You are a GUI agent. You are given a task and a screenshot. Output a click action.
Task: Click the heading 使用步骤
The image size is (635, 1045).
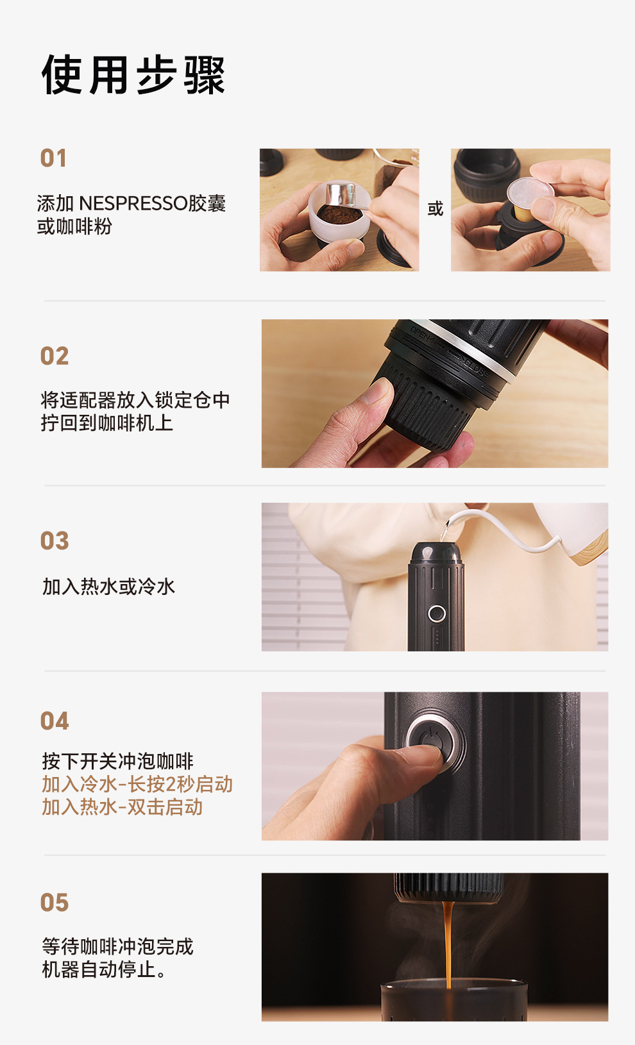[133, 76]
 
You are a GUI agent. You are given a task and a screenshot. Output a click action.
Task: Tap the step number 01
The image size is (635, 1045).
[54, 158]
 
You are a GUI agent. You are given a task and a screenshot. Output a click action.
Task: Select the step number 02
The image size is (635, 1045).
[55, 356]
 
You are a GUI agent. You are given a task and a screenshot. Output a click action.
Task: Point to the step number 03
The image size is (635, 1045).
[55, 541]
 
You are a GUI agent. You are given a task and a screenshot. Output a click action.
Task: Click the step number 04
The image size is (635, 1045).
[55, 721]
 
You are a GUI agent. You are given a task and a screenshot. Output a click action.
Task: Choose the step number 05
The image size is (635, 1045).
[55, 903]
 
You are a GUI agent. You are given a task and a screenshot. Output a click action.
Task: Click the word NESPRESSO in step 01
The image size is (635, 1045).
[133, 204]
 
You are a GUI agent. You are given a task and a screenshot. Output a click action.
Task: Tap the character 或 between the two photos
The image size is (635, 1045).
[435, 209]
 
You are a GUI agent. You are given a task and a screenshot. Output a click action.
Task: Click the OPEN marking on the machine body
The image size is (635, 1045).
[423, 335]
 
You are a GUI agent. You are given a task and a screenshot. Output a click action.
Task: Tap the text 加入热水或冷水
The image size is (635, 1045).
[108, 587]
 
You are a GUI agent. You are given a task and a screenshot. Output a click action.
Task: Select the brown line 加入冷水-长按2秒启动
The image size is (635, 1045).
[137, 784]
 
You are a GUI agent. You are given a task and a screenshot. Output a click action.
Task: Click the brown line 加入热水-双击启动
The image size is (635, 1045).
[123, 807]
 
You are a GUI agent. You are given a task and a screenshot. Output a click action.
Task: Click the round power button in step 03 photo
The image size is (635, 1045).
[437, 614]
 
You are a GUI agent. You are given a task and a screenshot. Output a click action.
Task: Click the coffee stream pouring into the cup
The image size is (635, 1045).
[448, 942]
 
